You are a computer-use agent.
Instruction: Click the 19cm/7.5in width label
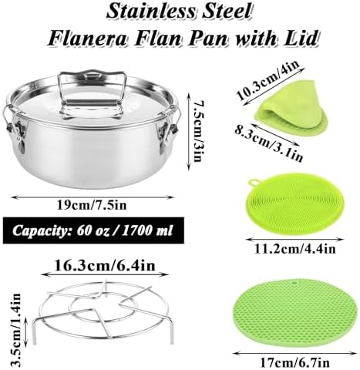(92, 206)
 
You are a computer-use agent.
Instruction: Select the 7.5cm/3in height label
(197, 131)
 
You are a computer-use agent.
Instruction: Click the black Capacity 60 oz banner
(93, 230)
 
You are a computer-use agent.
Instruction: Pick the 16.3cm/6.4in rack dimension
(105, 265)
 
